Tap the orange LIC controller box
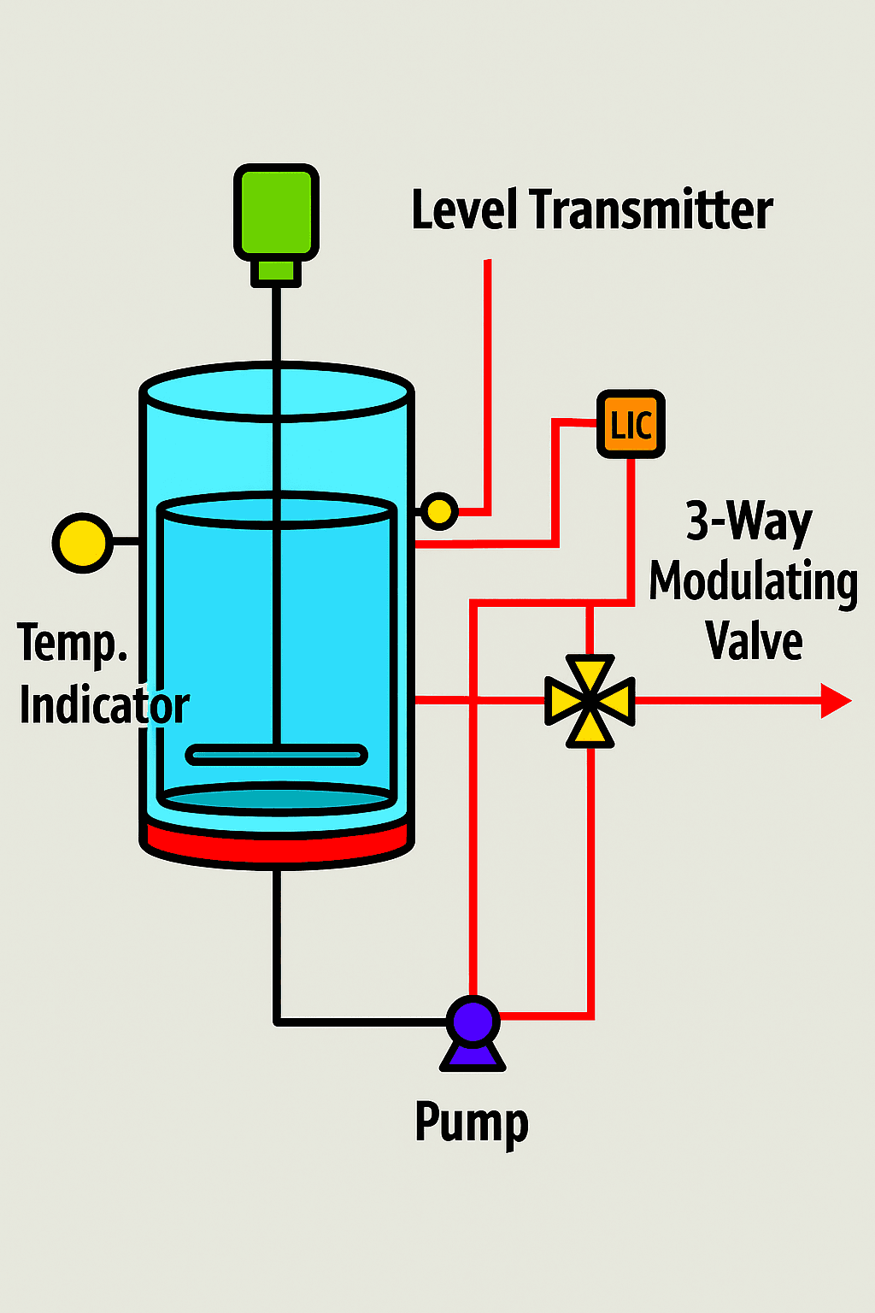click(x=631, y=424)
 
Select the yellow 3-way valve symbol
click(x=590, y=701)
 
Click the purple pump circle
click(x=473, y=1021)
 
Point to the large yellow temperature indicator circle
click(x=83, y=543)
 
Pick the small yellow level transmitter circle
click(x=438, y=512)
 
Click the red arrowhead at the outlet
click(x=835, y=701)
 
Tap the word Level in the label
click(x=464, y=210)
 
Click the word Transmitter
click(x=651, y=210)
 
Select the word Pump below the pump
click(x=472, y=1123)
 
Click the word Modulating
click(x=753, y=583)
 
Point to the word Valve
click(x=755, y=641)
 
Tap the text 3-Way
click(x=749, y=521)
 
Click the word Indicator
click(x=104, y=706)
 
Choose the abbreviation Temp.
click(x=72, y=643)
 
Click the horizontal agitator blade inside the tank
click(x=277, y=755)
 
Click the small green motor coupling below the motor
click(x=276, y=271)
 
